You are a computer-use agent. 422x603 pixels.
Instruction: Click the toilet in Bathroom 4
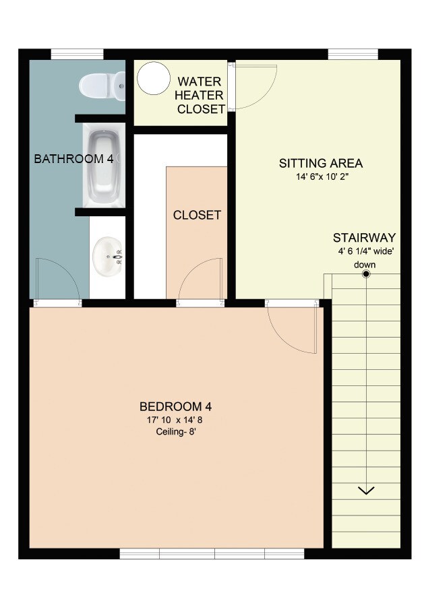102,86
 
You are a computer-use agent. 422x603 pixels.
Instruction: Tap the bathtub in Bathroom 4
104,167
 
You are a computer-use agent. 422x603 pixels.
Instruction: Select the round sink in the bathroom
108,257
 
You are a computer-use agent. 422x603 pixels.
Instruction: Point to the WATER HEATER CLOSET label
200,96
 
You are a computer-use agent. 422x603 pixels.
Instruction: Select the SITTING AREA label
321,163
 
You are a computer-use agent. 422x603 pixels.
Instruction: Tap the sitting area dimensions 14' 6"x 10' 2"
321,177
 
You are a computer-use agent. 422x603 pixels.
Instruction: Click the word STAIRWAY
364,238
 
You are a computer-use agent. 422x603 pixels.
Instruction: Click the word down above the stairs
365,264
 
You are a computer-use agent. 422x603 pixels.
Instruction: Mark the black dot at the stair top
366,274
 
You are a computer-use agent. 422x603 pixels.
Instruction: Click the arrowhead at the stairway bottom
366,490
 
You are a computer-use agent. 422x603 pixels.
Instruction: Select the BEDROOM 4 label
176,406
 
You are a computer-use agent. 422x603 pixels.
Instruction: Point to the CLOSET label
197,216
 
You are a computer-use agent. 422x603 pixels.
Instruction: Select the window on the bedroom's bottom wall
202,554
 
